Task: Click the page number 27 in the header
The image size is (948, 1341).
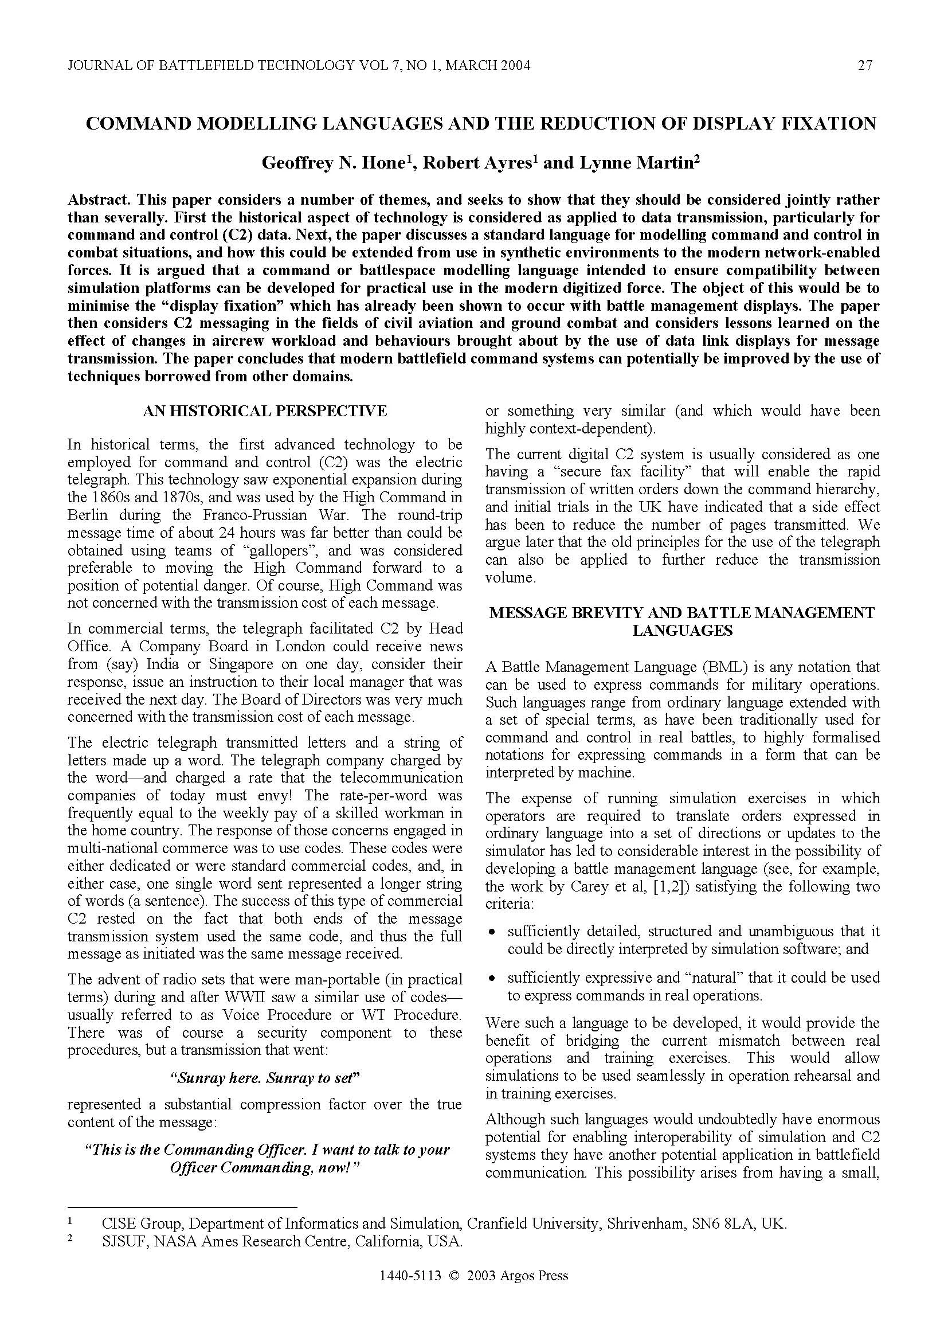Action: tap(865, 65)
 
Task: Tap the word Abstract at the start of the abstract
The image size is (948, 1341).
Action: tap(100, 200)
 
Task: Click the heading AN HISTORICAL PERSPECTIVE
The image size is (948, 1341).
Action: tap(265, 411)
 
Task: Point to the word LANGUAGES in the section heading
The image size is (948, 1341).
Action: tap(682, 631)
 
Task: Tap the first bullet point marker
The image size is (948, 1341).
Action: tap(493, 932)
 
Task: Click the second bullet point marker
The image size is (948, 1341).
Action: tap(493, 978)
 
